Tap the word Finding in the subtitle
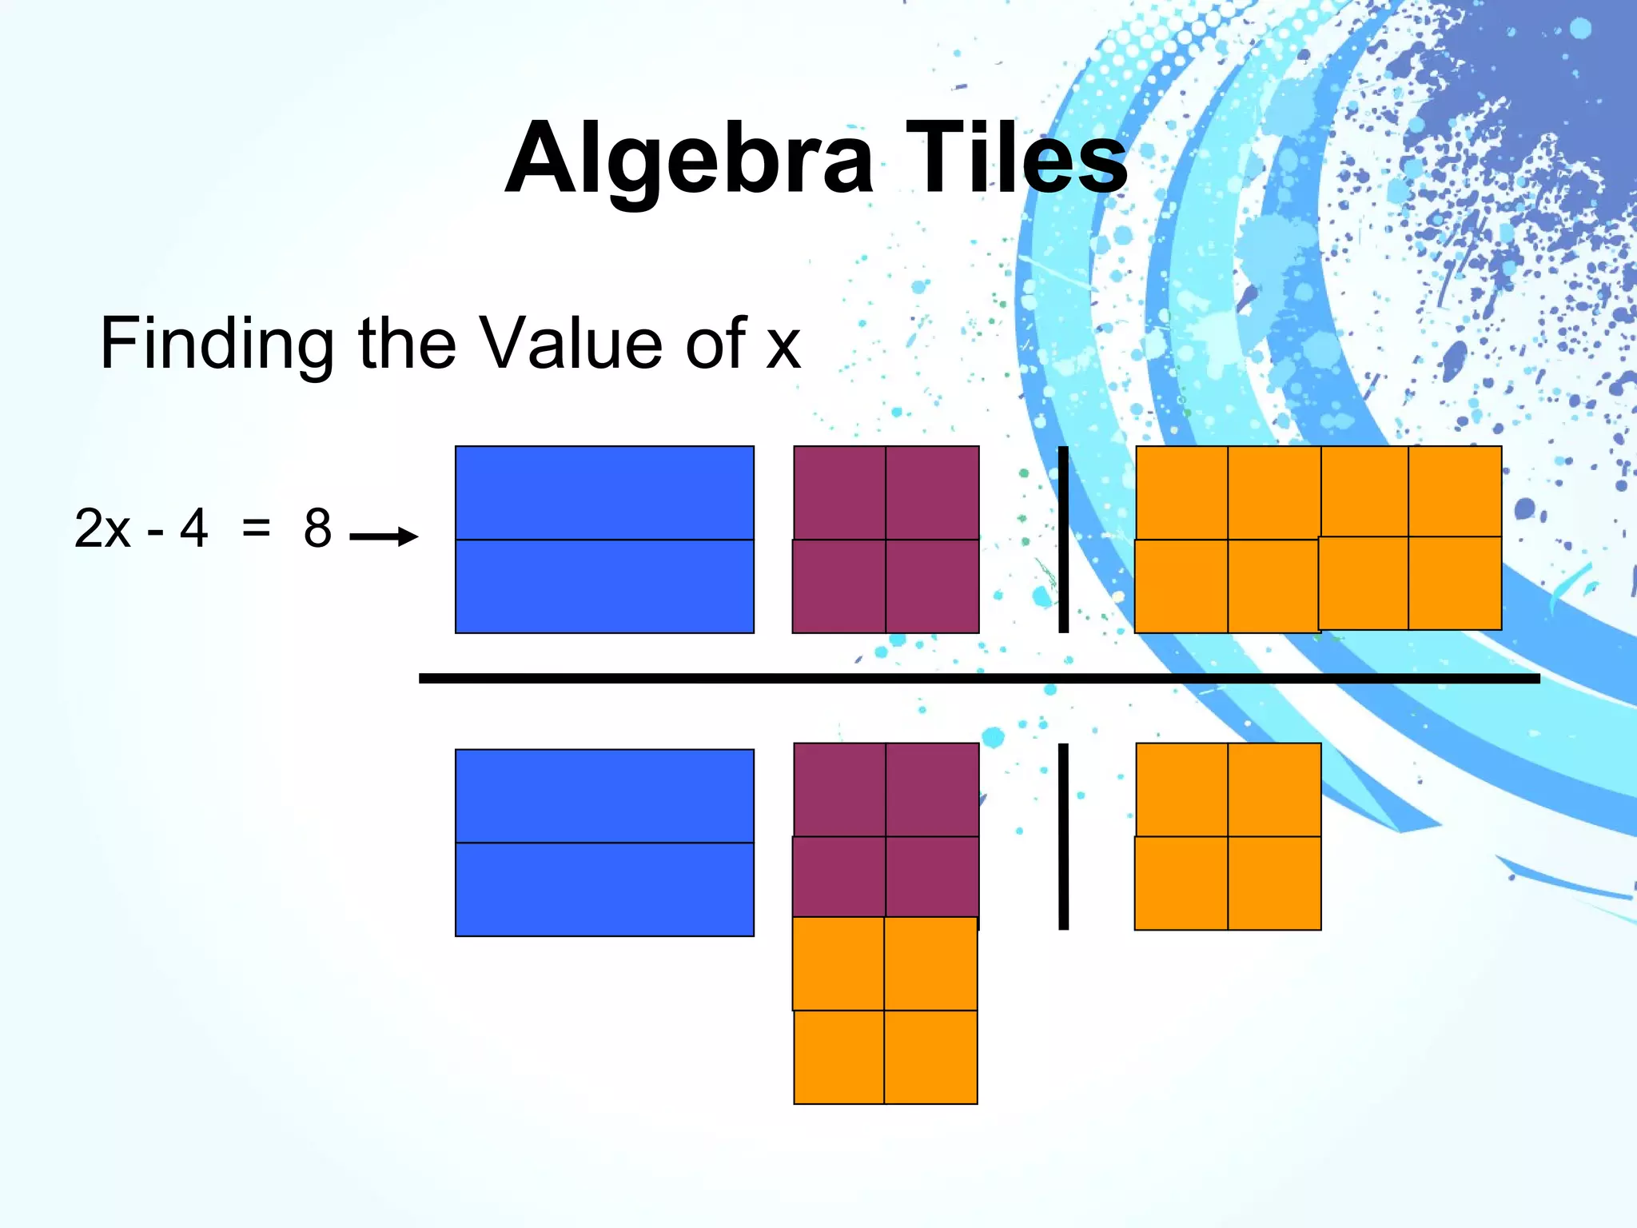(216, 344)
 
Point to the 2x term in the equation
(102, 528)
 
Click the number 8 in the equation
(317, 528)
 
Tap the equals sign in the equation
(256, 528)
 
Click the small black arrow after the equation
(384, 536)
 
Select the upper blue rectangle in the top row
(604, 492)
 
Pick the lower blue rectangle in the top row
(604, 587)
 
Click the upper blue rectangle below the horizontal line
(604, 795)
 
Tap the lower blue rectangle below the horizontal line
(604, 889)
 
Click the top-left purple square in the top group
(839, 492)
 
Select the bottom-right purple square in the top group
(932, 587)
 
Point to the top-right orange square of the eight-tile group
(1455, 491)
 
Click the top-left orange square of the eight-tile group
(1181, 492)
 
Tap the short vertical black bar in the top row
(1063, 540)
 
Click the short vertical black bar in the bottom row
(1063, 836)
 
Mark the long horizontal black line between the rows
(979, 679)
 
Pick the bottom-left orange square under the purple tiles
(838, 1057)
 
